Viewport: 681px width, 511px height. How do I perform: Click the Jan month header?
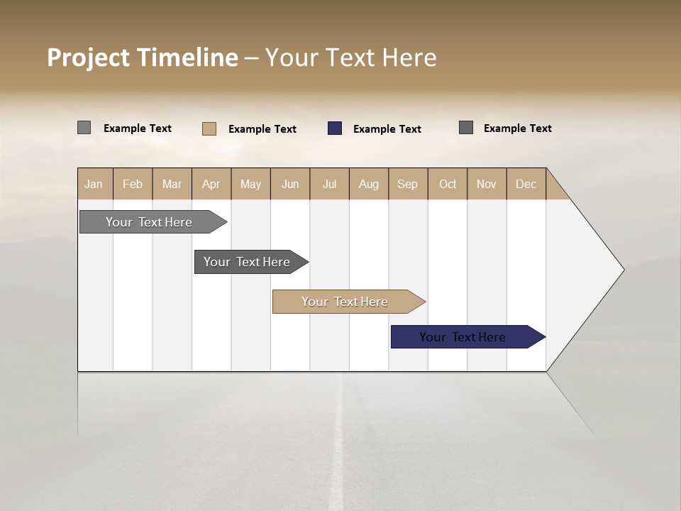coord(94,184)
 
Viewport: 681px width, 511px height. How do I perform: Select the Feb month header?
coord(133,184)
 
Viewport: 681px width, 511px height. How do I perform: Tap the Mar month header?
coord(172,184)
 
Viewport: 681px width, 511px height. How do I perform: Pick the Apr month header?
coord(211,184)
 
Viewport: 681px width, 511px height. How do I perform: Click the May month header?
coord(250,184)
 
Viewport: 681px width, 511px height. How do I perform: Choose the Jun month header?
coord(290,184)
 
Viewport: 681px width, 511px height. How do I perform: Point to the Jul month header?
coord(329,184)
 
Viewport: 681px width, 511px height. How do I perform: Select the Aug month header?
coord(369,184)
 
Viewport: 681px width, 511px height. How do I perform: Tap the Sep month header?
coord(408,184)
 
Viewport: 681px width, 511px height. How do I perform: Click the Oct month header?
coord(448,184)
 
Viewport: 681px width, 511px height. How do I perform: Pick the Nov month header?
coord(487,184)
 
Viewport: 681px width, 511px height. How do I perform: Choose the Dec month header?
coord(526,184)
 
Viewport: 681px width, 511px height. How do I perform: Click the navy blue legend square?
coord(335,128)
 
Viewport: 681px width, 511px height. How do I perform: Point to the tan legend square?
coord(209,128)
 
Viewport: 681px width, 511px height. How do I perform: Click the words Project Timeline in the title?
coord(143,57)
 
